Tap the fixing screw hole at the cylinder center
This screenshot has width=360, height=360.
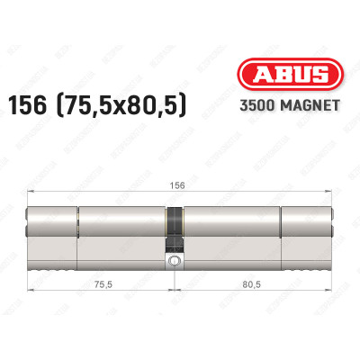coord(172,262)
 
